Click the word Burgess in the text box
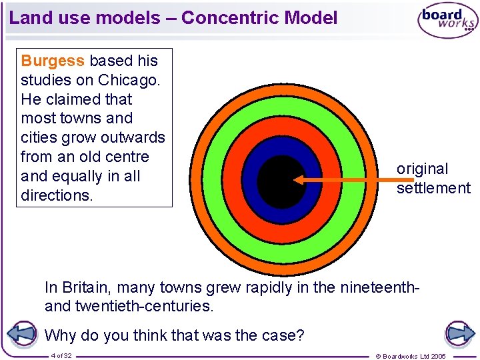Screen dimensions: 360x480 click(53, 61)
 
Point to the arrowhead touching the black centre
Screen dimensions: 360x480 click(298, 179)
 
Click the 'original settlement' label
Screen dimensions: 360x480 click(433, 179)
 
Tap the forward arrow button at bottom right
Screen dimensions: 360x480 click(460, 334)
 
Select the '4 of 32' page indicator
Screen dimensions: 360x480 click(61, 355)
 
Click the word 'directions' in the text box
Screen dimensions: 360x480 click(56, 195)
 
